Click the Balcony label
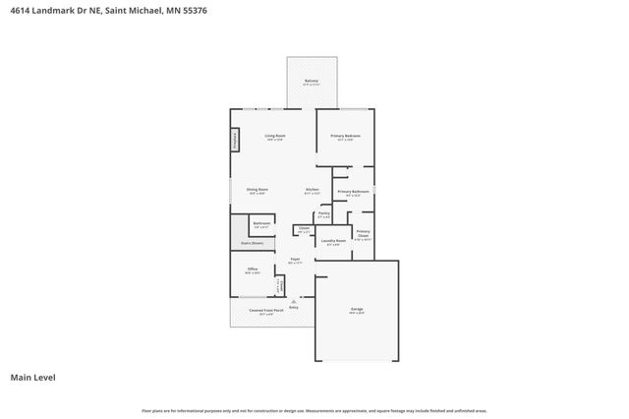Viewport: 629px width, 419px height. [x=311, y=82]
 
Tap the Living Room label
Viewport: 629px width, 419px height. [x=275, y=137]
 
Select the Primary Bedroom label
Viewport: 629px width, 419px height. [x=345, y=137]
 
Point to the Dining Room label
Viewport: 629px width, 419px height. [x=257, y=191]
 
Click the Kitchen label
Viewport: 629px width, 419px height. [x=312, y=191]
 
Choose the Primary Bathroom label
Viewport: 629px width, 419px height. [x=354, y=193]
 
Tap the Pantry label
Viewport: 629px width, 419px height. [x=323, y=214]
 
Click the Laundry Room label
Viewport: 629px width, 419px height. [x=333, y=241]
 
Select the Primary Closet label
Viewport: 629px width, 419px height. [x=363, y=236]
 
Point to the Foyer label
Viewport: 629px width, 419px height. [x=294, y=261]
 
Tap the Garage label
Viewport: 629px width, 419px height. [x=356, y=310]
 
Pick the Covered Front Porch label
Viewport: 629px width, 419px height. [x=259, y=313]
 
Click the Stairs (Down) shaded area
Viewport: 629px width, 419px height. [x=253, y=243]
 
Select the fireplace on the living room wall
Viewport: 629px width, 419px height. [x=236, y=141]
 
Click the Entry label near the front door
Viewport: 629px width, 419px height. [x=293, y=307]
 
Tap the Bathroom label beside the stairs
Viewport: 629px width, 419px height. [x=261, y=224]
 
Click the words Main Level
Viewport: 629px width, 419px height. [x=30, y=377]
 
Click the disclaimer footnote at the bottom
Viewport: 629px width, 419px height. [x=314, y=410]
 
